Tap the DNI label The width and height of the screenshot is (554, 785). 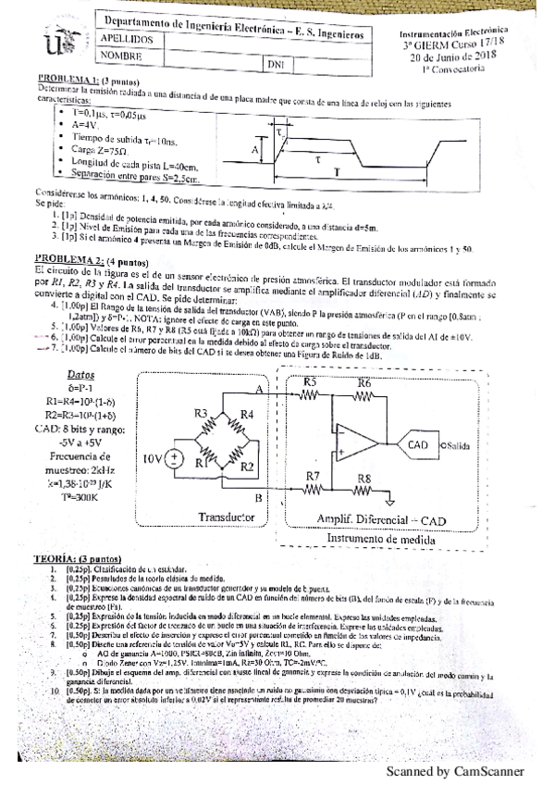275,65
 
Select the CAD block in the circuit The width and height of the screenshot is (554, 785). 418,444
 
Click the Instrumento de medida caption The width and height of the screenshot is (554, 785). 388,538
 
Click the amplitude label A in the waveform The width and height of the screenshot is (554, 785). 255,147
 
